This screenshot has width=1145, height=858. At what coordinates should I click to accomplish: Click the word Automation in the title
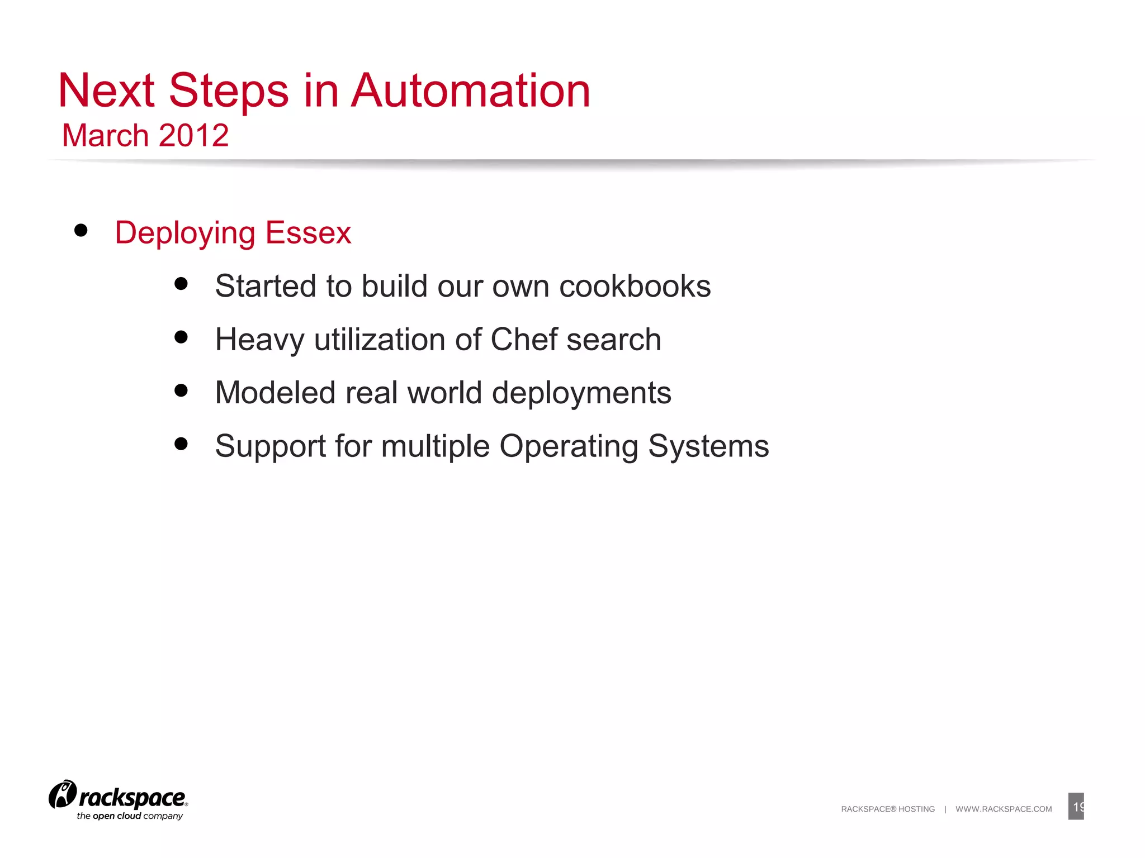(470, 90)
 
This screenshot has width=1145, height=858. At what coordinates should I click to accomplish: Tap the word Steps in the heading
(229, 92)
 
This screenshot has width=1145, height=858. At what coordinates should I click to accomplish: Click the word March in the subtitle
(105, 136)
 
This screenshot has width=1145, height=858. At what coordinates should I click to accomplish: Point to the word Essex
(308, 233)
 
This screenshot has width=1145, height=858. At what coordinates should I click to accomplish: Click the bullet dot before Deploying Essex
(81, 230)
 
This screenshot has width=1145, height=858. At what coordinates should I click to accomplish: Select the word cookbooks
(635, 286)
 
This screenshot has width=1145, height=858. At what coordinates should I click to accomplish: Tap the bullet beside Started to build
(181, 284)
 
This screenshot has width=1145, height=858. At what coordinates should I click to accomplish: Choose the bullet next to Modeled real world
(181, 390)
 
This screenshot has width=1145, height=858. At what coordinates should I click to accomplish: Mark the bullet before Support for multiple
(181, 444)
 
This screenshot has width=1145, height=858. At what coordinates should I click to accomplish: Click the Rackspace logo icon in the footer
(62, 794)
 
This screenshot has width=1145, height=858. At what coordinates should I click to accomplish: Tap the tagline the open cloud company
(130, 816)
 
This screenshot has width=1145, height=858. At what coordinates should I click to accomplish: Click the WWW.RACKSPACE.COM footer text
(1004, 809)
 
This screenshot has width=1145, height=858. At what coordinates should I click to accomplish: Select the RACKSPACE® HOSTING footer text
(888, 809)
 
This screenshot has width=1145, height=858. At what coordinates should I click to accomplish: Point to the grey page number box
(1076, 806)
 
